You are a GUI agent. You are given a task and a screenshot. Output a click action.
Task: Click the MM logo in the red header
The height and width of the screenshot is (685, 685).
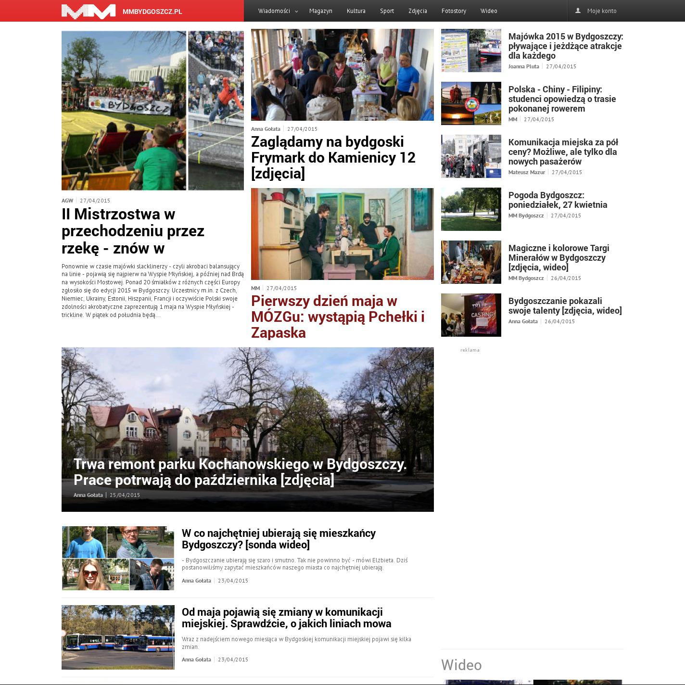(89, 11)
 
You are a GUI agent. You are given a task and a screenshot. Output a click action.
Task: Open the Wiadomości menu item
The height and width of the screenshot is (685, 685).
(274, 11)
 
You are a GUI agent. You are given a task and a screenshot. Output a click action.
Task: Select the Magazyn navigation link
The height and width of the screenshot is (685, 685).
(320, 11)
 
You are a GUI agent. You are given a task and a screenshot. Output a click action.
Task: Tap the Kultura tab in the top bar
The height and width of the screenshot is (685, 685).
(356, 11)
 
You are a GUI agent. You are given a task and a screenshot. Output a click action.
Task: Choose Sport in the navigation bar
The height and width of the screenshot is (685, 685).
(387, 11)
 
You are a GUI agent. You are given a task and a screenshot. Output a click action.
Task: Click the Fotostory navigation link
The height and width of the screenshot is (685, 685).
(454, 11)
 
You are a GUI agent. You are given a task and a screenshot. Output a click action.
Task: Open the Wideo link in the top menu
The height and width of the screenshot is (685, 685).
(488, 11)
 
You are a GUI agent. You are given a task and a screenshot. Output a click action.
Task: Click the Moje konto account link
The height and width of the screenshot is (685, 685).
(601, 11)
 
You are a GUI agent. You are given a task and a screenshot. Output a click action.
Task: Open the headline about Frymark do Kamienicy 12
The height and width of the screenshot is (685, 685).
(333, 157)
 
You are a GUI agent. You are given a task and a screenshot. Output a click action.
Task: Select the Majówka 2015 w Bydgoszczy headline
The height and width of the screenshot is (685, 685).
(565, 46)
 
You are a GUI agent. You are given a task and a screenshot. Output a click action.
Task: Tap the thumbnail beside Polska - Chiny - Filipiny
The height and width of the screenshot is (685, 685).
(471, 103)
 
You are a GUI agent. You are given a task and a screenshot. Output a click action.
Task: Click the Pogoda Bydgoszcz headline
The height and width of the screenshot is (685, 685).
(558, 200)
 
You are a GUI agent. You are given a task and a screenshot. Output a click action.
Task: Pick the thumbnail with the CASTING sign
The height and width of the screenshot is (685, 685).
(471, 315)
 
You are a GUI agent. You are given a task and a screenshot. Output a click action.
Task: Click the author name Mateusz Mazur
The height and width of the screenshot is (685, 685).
(526, 172)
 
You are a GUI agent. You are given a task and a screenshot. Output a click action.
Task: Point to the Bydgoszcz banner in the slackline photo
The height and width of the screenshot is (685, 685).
(129, 105)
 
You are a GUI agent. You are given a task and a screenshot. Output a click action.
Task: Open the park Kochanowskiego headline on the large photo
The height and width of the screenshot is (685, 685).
(240, 472)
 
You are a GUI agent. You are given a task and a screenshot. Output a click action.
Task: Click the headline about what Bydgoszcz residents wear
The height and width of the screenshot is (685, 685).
(279, 539)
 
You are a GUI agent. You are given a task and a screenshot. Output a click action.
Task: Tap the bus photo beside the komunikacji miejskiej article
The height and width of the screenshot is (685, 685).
(118, 637)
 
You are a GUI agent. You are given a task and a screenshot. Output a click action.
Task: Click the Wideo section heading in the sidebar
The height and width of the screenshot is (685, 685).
(461, 665)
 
